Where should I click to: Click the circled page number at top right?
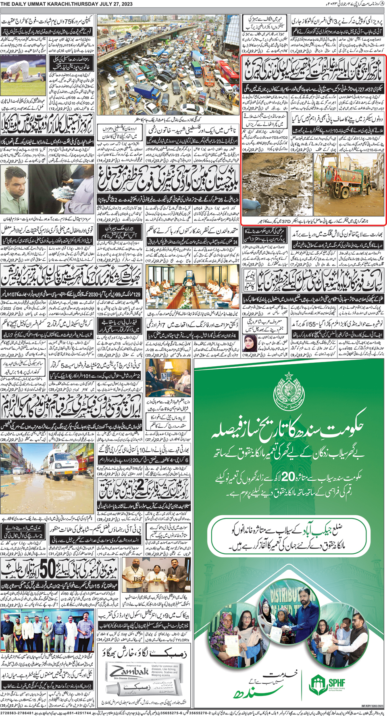click(382, 4)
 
